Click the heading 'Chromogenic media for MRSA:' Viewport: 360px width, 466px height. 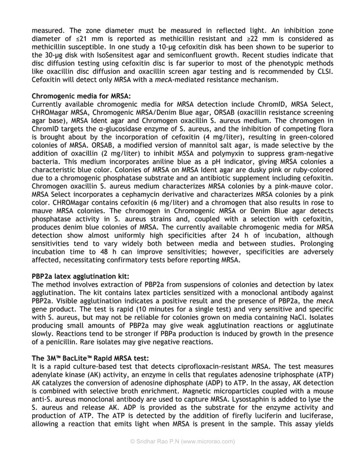point(81,96)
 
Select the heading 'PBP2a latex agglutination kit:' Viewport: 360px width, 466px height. point(80,276)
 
